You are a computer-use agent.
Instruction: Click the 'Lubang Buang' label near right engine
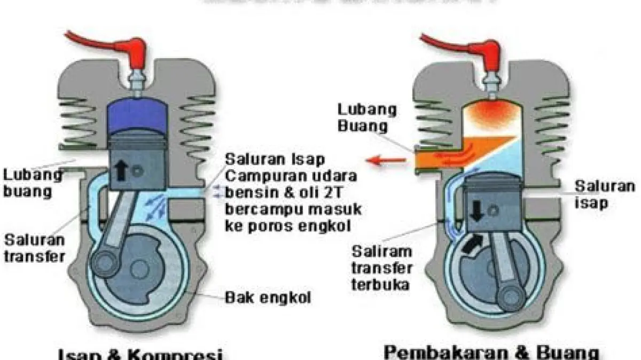(367, 118)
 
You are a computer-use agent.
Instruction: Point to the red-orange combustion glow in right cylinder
(486, 114)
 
